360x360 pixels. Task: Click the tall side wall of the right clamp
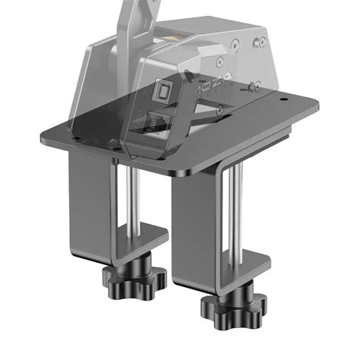point(185,228)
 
